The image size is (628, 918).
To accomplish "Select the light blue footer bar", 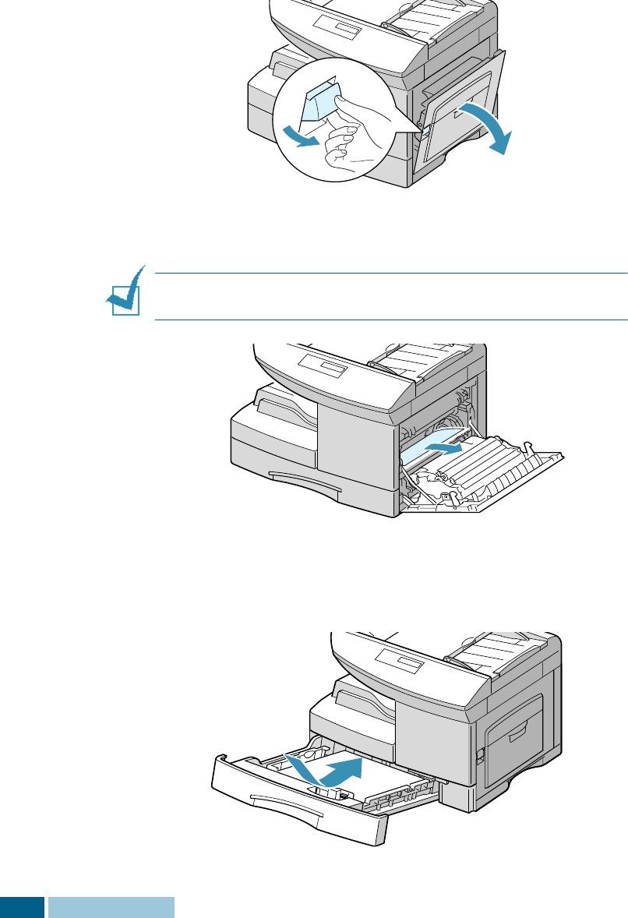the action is pos(111,907).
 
